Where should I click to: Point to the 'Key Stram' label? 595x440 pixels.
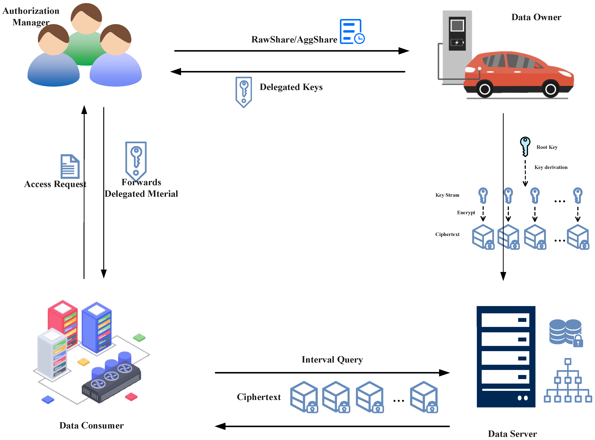(447, 195)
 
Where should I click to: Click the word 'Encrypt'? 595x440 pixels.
(466, 213)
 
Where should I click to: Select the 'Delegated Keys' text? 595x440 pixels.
(291, 87)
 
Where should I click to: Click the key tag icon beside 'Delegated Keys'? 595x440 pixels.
(243, 92)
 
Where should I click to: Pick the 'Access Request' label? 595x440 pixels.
(55, 184)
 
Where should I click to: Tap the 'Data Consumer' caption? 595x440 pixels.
(91, 425)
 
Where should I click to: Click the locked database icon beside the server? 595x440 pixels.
(565, 332)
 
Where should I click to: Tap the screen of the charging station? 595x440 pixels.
(457, 25)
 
